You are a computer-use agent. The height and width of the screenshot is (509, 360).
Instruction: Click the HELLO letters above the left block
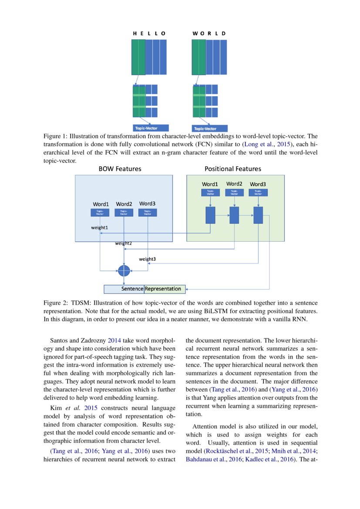[149, 33]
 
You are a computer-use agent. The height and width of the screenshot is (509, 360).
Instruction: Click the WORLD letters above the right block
[209, 33]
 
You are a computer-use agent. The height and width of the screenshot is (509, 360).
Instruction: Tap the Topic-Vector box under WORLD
[209, 128]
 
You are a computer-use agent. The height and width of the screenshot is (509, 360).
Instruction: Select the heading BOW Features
[120, 169]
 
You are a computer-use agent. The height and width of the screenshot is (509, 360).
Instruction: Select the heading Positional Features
[233, 169]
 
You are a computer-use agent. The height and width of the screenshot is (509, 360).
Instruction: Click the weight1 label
[99, 227]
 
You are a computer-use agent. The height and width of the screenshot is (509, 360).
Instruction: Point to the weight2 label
[124, 243]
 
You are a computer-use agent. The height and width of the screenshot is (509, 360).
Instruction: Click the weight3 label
[147, 259]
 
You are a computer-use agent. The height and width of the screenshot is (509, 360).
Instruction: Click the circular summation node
[124, 270]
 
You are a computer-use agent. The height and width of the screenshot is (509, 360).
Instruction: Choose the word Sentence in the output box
[132, 289]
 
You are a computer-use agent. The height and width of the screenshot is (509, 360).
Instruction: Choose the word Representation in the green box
[163, 289]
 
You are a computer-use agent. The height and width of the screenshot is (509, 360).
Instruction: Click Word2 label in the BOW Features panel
[124, 204]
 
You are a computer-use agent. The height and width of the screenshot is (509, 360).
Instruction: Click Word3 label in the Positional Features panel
[258, 184]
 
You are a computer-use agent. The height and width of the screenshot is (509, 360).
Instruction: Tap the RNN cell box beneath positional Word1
[210, 215]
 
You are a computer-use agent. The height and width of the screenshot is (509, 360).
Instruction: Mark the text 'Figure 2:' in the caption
[56, 303]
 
